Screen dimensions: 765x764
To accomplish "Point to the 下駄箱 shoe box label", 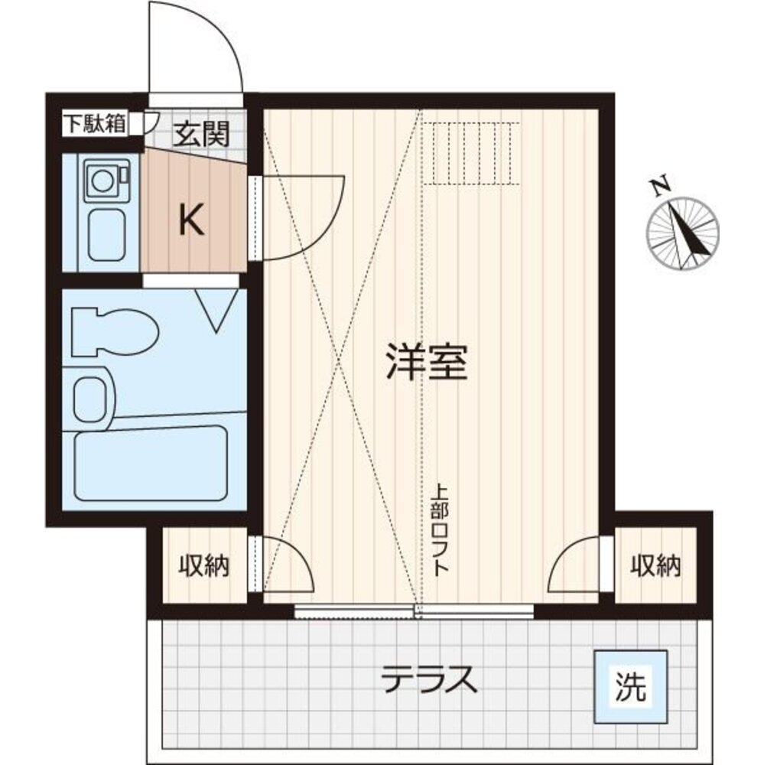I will click(x=94, y=124).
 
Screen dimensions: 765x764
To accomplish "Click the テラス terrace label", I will click(x=430, y=678).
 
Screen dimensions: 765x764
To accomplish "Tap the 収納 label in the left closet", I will click(x=204, y=567).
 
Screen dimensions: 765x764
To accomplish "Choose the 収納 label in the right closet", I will click(x=655, y=566).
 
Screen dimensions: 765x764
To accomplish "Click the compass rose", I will click(x=683, y=233).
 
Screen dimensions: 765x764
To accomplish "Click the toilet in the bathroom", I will click(x=115, y=331).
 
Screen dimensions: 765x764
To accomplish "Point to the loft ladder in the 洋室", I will click(x=471, y=154).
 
